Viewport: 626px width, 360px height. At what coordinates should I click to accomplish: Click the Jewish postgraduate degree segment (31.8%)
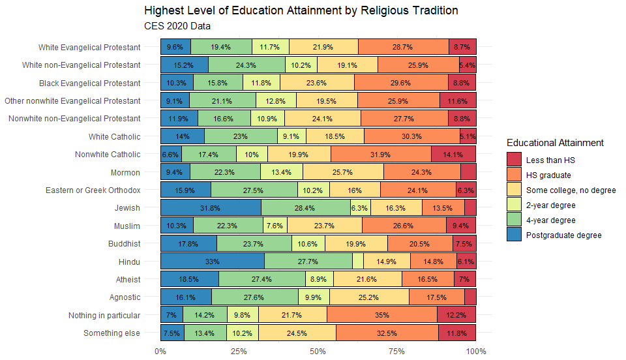[x=211, y=208]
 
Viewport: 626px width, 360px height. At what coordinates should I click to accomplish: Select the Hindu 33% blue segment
[x=212, y=262]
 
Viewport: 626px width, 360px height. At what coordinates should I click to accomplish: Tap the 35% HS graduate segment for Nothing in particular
[x=381, y=315]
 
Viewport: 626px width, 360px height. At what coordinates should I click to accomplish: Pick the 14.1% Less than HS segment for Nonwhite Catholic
[x=453, y=155]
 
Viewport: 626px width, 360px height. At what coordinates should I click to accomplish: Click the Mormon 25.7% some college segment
[x=342, y=172]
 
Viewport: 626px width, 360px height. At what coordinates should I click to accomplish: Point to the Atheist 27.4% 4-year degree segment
[x=261, y=279]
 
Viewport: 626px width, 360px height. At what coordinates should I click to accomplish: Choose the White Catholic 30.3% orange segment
[x=411, y=137]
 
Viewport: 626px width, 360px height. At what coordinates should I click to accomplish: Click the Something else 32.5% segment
[x=387, y=333]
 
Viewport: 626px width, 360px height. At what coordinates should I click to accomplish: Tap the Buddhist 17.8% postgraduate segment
[x=188, y=244]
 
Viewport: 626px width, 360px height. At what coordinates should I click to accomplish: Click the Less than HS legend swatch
[x=514, y=160]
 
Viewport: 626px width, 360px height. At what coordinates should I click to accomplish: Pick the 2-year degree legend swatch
[x=514, y=205]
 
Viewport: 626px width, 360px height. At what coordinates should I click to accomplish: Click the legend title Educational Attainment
[x=555, y=143]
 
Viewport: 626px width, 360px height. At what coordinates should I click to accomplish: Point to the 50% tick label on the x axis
[x=318, y=352]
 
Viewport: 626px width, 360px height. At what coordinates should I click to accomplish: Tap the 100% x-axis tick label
[x=475, y=352]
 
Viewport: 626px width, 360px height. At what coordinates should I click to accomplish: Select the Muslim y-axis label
[x=126, y=226]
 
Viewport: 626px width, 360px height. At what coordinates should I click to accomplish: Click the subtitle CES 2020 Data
[x=177, y=26]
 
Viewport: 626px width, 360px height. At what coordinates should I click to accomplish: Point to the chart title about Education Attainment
[x=301, y=10]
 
